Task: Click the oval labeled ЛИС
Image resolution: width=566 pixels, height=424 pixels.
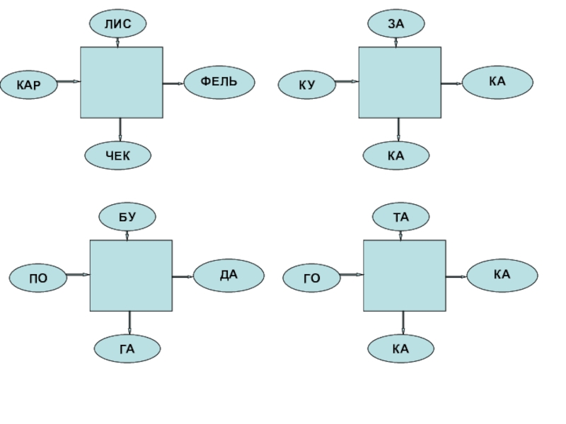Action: click(x=117, y=24)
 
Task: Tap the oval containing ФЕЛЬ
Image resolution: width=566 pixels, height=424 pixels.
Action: click(x=219, y=83)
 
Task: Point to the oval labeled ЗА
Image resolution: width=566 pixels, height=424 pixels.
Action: click(x=395, y=24)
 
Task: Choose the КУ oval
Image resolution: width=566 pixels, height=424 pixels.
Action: click(x=307, y=86)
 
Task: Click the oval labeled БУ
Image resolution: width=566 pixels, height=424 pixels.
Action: click(x=127, y=217)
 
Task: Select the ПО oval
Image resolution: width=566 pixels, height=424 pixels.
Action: click(x=38, y=278)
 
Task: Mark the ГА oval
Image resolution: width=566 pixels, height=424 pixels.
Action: click(x=127, y=348)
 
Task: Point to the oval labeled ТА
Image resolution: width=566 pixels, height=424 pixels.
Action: click(x=401, y=217)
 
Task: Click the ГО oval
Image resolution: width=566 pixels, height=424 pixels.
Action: click(x=312, y=278)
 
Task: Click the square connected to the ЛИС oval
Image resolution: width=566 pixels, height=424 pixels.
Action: click(x=122, y=82)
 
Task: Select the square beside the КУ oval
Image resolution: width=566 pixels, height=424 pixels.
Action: click(x=400, y=82)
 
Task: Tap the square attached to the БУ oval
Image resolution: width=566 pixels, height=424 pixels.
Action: click(x=131, y=275)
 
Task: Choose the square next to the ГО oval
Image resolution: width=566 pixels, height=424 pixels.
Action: click(x=405, y=275)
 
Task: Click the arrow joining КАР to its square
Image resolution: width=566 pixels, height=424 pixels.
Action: click(x=69, y=82)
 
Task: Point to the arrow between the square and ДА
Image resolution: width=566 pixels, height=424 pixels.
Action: click(x=183, y=276)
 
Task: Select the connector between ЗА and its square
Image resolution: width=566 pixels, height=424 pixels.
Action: click(x=395, y=40)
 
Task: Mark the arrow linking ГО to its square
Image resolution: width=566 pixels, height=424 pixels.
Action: click(x=352, y=275)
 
